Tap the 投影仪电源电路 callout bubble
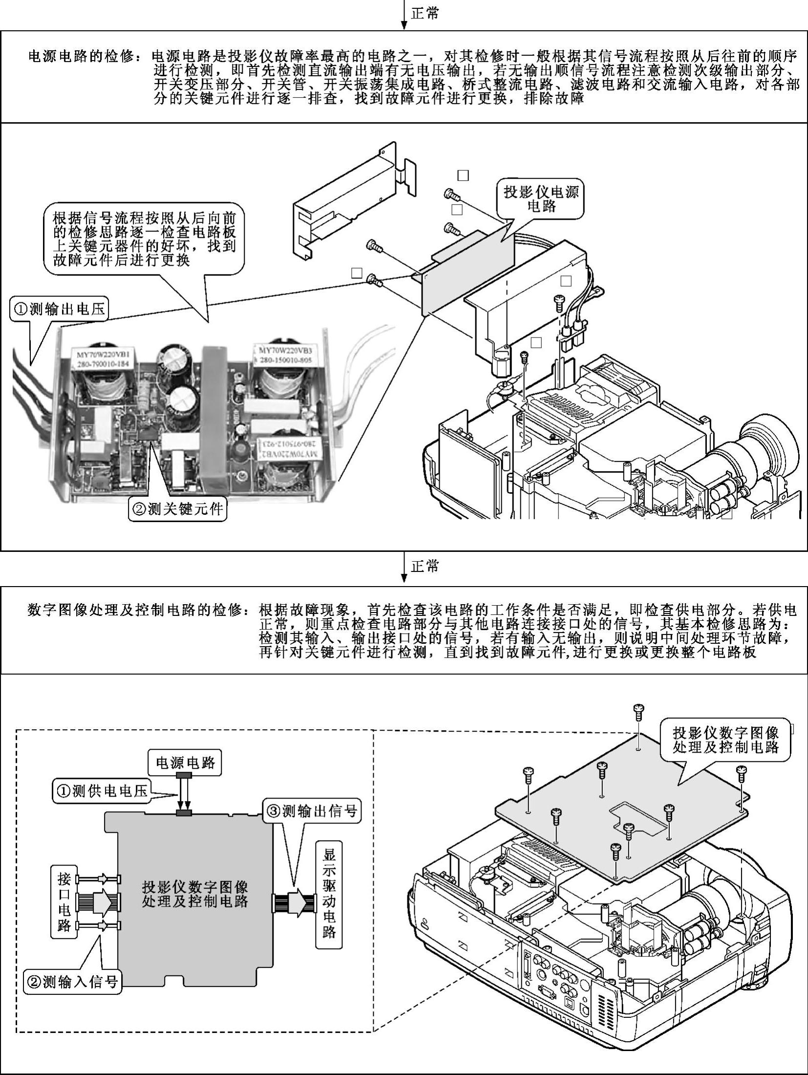point(541,199)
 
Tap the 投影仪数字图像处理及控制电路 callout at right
point(725,739)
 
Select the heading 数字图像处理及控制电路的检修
point(135,610)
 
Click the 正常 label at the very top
point(425,13)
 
